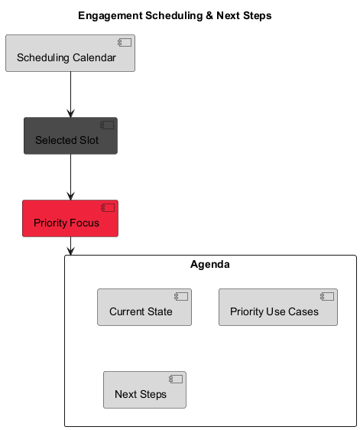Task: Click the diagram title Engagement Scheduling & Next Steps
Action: pyautogui.click(x=174, y=15)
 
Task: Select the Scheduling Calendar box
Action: pyautogui.click(x=70, y=54)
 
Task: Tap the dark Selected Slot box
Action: pyautogui.click(x=70, y=136)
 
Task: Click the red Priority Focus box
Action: pyautogui.click(x=70, y=219)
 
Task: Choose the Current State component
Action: pyautogui.click(x=144, y=308)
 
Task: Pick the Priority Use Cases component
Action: pyautogui.click(x=277, y=308)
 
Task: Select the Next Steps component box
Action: pyautogui.click(x=144, y=390)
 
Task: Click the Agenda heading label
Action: pyautogui.click(x=209, y=265)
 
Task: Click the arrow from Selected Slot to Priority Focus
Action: pyautogui.click(x=70, y=177)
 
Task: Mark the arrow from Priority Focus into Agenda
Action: pyautogui.click(x=70, y=246)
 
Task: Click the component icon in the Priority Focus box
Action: pyautogui.click(x=108, y=207)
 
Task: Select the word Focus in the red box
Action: pyautogui.click(x=84, y=223)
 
